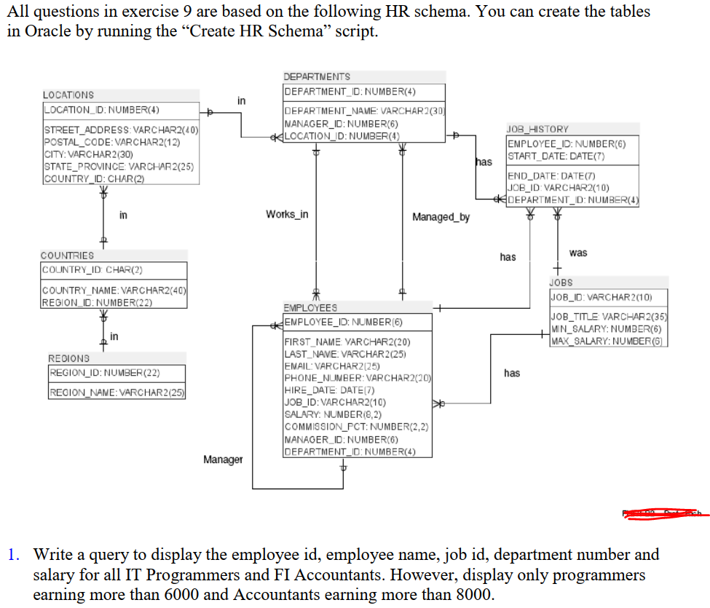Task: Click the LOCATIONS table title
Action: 68,95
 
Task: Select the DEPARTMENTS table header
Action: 317,76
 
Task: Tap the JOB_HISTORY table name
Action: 537,129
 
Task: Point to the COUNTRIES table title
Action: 68,256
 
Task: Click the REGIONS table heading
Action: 69,358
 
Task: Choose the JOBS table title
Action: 561,282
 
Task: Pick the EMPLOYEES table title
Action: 310,308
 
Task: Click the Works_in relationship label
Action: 287,214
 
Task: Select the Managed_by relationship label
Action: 441,217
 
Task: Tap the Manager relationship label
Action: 223,459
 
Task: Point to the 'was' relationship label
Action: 578,253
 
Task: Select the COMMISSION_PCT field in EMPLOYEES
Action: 356,427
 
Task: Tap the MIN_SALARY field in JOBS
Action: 607,329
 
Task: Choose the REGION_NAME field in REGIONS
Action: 117,393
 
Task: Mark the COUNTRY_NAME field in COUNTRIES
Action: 114,292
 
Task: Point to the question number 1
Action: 13,555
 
